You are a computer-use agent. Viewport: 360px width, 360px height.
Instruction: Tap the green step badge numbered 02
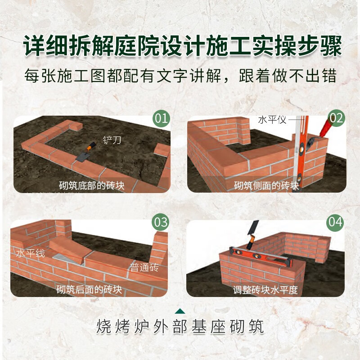(336, 118)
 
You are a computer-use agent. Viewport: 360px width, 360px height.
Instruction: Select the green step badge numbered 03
(161, 222)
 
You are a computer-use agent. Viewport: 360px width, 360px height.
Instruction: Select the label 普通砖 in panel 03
(144, 268)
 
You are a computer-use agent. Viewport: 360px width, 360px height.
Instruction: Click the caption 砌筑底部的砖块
(92, 185)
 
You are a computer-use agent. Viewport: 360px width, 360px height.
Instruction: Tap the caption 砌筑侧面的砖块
(266, 185)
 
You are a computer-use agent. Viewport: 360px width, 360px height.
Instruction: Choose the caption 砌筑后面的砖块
(89, 289)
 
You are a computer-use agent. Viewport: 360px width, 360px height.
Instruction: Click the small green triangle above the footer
(180, 310)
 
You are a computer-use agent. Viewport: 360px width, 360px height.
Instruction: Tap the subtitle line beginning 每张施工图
(180, 75)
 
